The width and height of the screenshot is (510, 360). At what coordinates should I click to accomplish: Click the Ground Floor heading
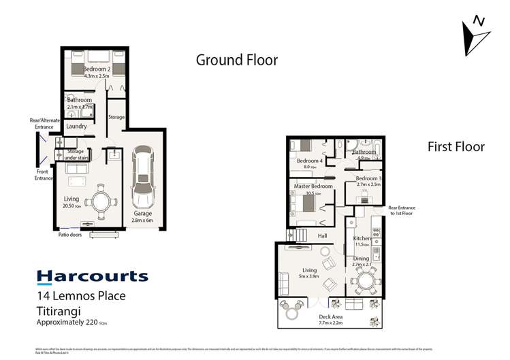(236, 60)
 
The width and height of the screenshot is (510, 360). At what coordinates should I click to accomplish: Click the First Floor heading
(456, 146)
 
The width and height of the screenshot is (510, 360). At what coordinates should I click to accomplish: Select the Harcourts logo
(92, 276)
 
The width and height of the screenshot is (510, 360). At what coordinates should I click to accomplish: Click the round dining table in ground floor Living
(103, 201)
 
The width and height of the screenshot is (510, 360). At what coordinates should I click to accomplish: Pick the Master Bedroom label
(313, 186)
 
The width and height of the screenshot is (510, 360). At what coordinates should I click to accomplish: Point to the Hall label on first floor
(323, 235)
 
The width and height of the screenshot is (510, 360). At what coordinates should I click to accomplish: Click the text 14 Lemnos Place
(81, 295)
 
